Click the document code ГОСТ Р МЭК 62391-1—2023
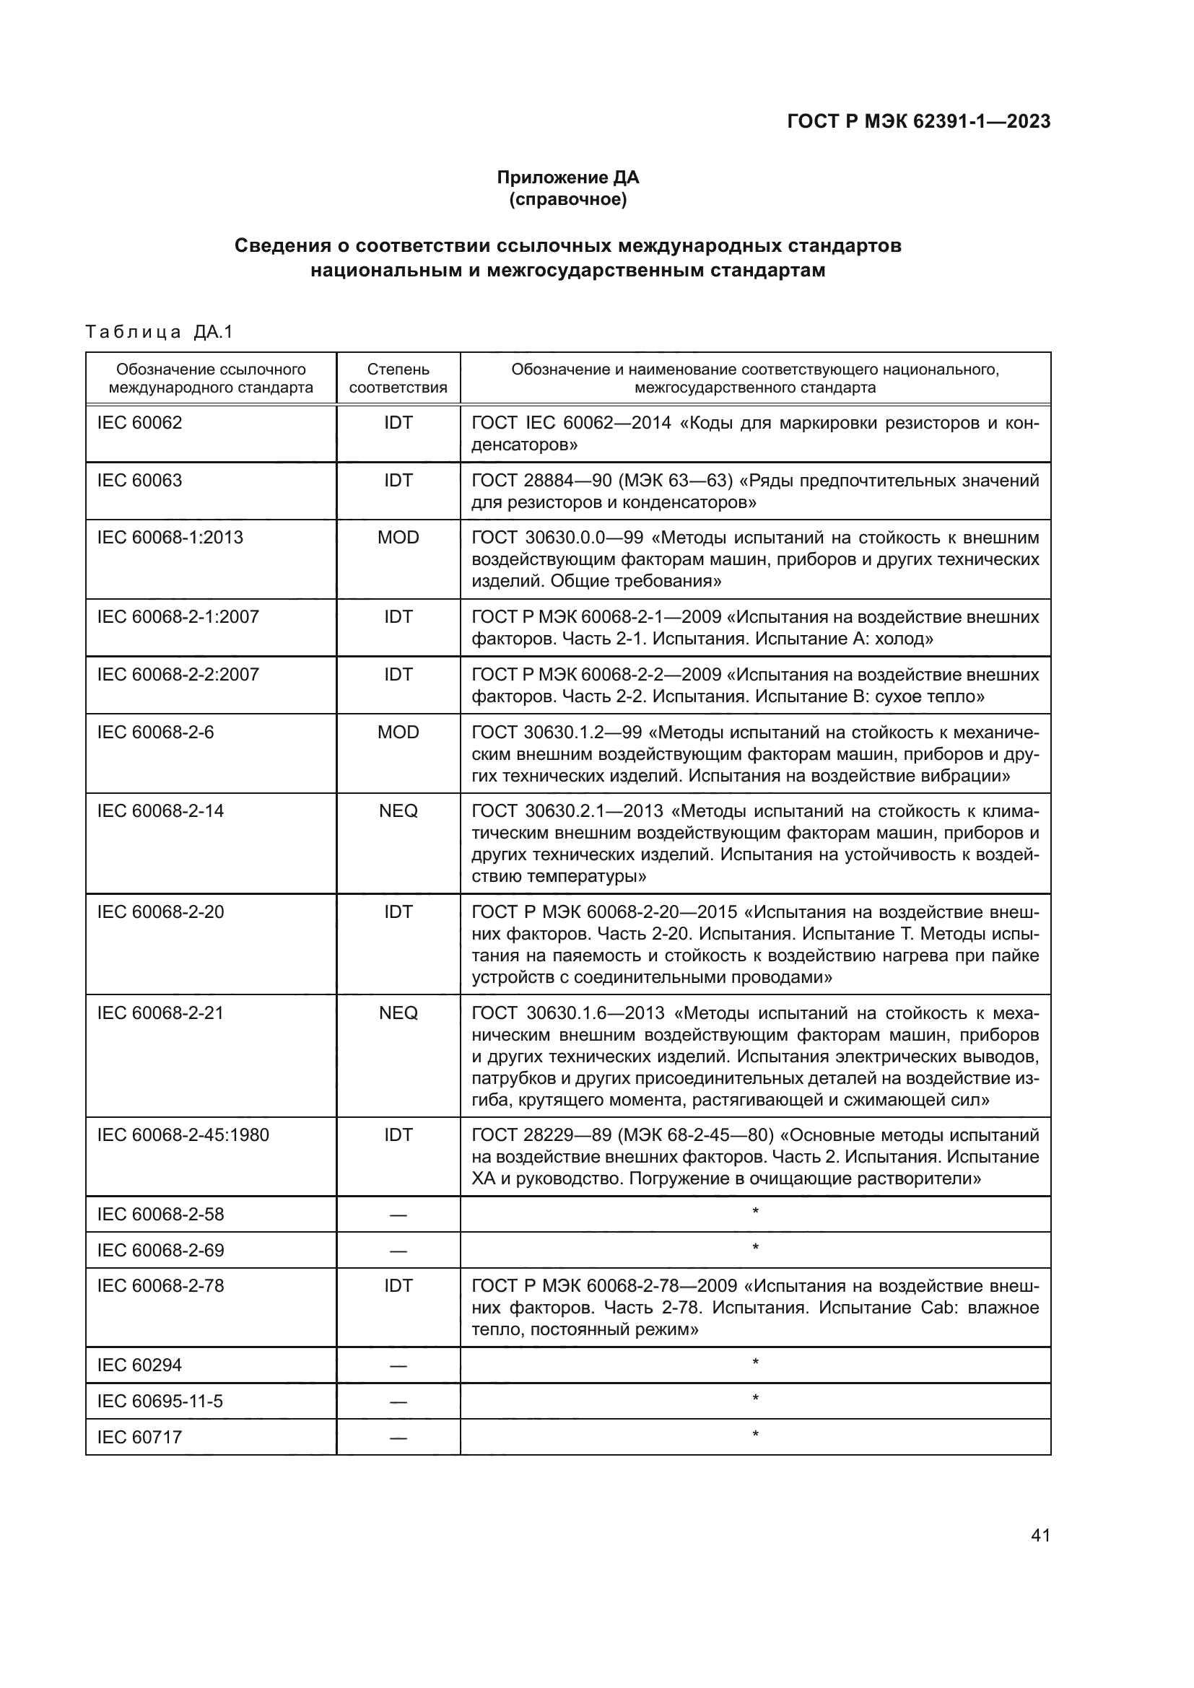918,121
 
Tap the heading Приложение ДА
567,178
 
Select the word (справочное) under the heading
567,199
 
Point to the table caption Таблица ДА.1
159,332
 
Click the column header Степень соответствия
398,378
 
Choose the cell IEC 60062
140,423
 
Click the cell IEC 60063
140,480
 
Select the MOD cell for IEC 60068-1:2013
398,538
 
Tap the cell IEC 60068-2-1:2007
178,617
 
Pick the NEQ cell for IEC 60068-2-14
398,811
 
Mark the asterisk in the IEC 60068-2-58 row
755,1212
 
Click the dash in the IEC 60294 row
398,1366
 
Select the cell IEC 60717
140,1438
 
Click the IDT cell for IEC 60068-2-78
398,1286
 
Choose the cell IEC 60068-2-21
160,1013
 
